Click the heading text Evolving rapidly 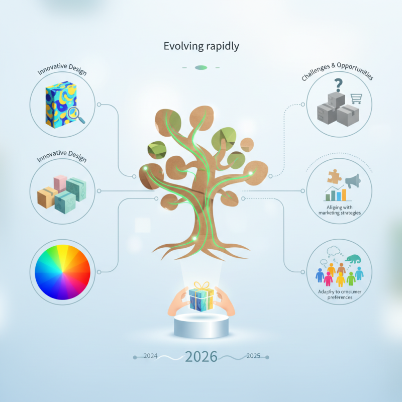[x=201, y=46]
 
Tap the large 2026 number [x=201, y=357]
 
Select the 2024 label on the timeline [x=150, y=356]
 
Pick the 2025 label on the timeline [x=253, y=356]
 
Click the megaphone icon [x=352, y=180]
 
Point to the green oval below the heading [x=201, y=67]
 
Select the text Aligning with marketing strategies [x=340, y=210]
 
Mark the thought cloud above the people [x=334, y=251]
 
